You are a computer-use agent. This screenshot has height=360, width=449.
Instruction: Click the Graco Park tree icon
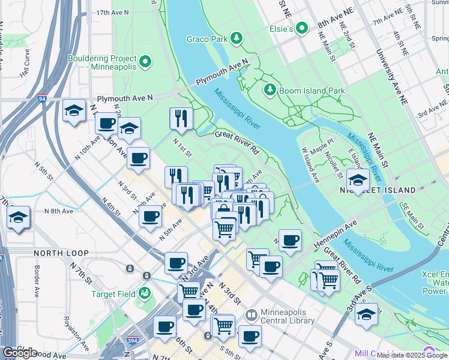237,39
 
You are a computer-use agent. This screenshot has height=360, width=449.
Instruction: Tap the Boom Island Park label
310,91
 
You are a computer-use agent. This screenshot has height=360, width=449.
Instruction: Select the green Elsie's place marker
303,28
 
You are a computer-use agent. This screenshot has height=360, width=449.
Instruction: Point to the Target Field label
113,294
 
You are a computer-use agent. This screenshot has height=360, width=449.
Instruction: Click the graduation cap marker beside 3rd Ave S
366,314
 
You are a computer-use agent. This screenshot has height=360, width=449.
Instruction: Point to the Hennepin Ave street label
334,233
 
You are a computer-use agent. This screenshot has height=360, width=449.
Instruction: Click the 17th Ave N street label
112,12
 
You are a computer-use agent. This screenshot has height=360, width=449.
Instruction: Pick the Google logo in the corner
20,353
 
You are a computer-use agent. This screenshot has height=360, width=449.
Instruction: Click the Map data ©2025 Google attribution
412,355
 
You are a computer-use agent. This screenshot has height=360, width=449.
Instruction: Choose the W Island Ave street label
310,166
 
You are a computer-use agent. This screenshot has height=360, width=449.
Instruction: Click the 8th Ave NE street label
336,22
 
